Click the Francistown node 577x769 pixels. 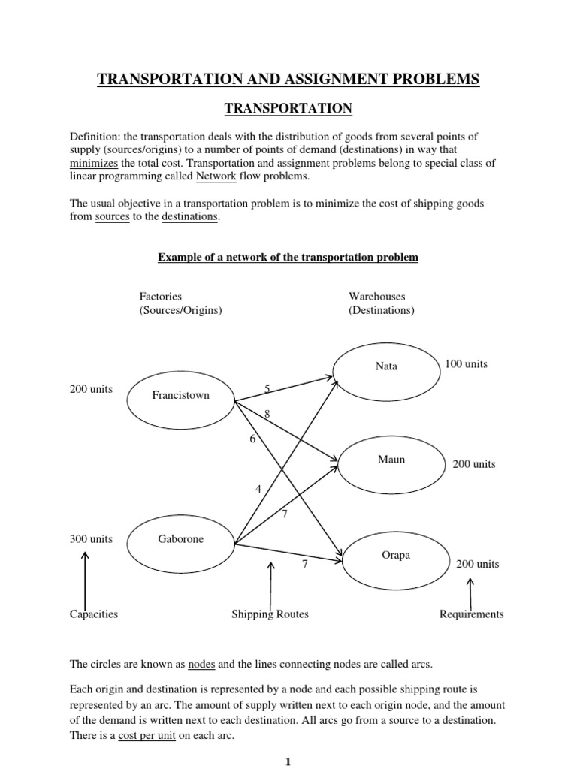181,395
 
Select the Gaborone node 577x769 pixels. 181,540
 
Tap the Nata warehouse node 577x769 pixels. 386,366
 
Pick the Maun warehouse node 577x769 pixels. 391,459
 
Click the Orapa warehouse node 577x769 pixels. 391,556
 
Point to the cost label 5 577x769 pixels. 267,388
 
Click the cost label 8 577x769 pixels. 266,414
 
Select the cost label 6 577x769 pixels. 252,439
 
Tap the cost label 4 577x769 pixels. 258,489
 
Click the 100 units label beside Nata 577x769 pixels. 466,364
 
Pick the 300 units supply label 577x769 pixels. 91,540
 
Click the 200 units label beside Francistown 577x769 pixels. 91,389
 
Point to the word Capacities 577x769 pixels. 94,614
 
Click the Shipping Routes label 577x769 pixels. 270,614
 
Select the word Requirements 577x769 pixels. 471,614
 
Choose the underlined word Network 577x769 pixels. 216,176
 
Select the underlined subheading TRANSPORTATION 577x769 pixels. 288,109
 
